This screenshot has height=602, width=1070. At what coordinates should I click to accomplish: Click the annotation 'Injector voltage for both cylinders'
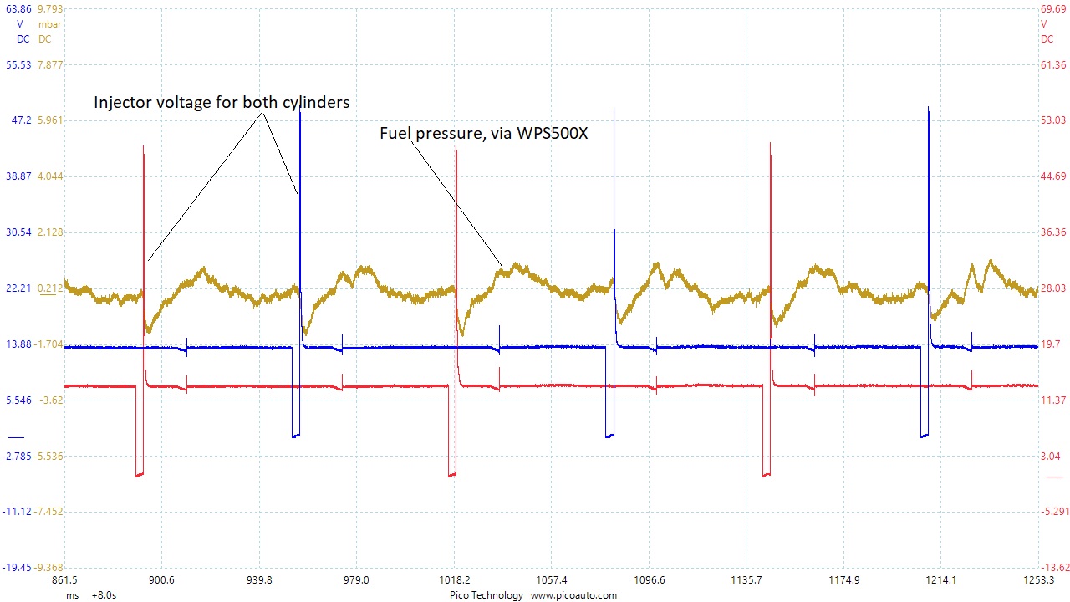pos(222,103)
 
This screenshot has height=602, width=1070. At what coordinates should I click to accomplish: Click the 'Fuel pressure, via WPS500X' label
pos(483,132)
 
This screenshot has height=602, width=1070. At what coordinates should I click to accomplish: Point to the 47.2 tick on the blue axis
pos(19,120)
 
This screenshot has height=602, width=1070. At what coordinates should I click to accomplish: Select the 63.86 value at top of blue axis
pos(18,9)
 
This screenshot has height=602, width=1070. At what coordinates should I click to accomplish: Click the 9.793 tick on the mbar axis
pos(50,9)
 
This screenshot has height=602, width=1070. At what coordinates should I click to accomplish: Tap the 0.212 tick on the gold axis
pos(49,288)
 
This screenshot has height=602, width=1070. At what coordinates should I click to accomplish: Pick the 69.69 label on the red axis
pos(1052,9)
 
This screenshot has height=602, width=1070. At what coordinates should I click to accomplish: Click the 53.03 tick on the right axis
pos(1052,120)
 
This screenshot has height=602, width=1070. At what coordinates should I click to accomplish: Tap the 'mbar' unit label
pos(50,24)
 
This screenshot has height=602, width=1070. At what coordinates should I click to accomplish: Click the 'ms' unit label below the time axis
pos(73,595)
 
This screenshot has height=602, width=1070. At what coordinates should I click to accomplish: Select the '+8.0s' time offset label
pos(103,595)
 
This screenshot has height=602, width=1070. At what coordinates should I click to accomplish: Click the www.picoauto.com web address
pos(573,595)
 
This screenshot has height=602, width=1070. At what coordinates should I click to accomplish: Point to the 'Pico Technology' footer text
pos(486,595)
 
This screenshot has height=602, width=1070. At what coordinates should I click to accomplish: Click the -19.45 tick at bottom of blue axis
pos(18,568)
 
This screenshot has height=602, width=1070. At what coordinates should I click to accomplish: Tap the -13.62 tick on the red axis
pos(1052,568)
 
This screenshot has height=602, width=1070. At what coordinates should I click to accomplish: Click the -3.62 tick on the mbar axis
pos(51,400)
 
